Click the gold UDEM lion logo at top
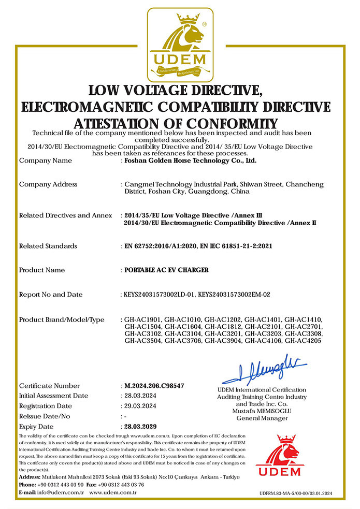tap(179, 44)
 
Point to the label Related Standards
tap(48, 246)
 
